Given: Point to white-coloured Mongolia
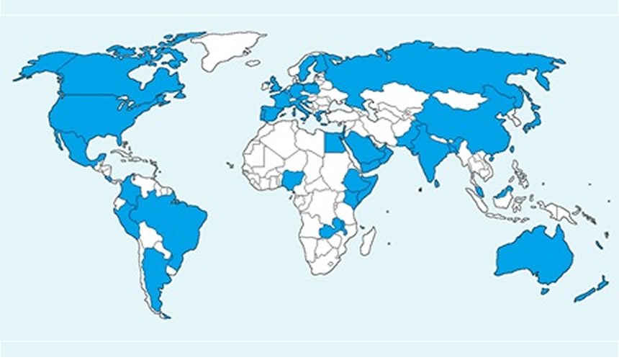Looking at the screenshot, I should [x=458, y=99].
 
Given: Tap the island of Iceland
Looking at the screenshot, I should [x=253, y=63].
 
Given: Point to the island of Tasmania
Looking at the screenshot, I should [x=545, y=291].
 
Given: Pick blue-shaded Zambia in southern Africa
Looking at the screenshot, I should [x=332, y=231].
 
